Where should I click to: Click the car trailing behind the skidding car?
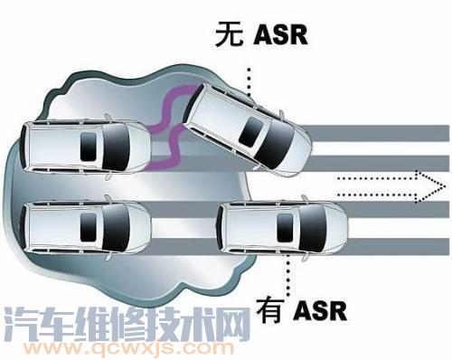[86, 146]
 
